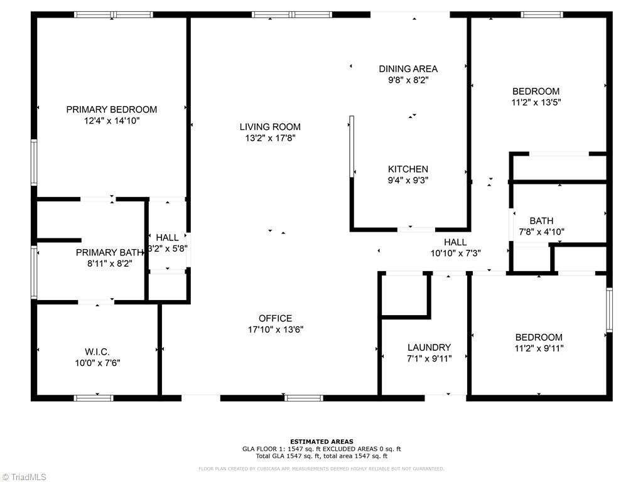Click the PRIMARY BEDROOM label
tap(112, 109)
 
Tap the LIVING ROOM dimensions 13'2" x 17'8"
tap(270, 138)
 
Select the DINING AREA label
tap(408, 69)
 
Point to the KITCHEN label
tap(408, 169)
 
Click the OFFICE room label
tap(275, 318)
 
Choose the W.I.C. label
tap(97, 351)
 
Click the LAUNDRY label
tap(429, 347)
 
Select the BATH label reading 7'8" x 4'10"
tap(541, 221)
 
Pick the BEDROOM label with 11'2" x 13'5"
tap(536, 91)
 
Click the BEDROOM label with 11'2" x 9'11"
tap(539, 337)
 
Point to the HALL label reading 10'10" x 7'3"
tap(455, 242)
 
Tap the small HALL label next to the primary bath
tap(167, 237)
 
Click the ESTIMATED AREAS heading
tap(321, 441)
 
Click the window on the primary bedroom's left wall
tap(34, 162)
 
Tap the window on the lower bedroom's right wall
tap(608, 309)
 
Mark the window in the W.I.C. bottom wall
tap(94, 397)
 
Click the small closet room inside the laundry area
tap(405, 294)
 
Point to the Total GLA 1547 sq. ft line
tap(321, 456)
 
